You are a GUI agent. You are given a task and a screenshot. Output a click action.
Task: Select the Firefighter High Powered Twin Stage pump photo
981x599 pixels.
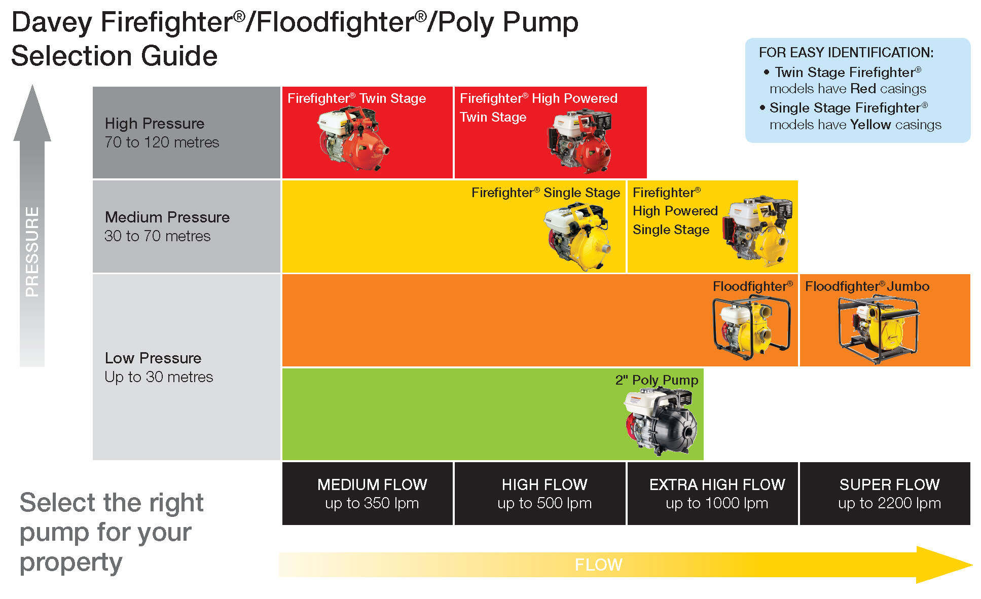click(x=580, y=142)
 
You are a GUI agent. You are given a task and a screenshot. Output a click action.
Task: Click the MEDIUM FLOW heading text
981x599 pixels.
click(x=372, y=484)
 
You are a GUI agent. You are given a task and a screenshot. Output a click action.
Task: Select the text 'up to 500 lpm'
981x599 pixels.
click(x=544, y=503)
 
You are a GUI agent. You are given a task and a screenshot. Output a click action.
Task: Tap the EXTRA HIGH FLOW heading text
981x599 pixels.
click(x=717, y=484)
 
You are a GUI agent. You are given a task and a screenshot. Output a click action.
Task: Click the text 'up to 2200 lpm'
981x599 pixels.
click(x=889, y=503)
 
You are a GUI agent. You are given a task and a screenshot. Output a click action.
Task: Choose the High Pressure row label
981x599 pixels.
click(x=155, y=124)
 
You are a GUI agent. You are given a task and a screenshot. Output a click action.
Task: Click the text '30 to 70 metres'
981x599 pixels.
click(x=157, y=236)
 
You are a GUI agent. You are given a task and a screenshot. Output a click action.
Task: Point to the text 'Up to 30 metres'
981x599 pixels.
click(x=159, y=377)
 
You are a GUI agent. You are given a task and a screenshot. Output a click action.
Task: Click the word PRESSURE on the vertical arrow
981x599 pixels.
click(x=32, y=251)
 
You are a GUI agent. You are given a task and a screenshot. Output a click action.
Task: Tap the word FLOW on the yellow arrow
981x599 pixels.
click(x=598, y=565)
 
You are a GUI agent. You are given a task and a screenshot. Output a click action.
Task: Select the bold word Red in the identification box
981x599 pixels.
click(x=863, y=89)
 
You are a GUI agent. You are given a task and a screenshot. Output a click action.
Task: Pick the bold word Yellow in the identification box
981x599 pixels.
click(x=870, y=125)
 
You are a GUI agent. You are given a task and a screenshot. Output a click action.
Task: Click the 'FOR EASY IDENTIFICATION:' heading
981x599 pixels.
click(x=846, y=53)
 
